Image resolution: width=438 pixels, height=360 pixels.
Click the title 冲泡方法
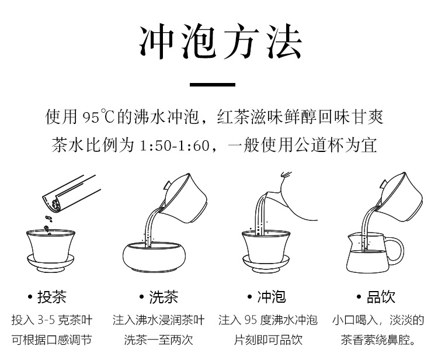220,43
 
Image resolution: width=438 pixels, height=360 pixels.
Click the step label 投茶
51,297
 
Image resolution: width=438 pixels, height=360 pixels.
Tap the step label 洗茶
163,297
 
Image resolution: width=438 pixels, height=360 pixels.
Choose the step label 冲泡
272,297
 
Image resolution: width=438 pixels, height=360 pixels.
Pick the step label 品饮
380,297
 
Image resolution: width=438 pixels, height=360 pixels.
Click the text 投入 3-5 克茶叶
51,320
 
